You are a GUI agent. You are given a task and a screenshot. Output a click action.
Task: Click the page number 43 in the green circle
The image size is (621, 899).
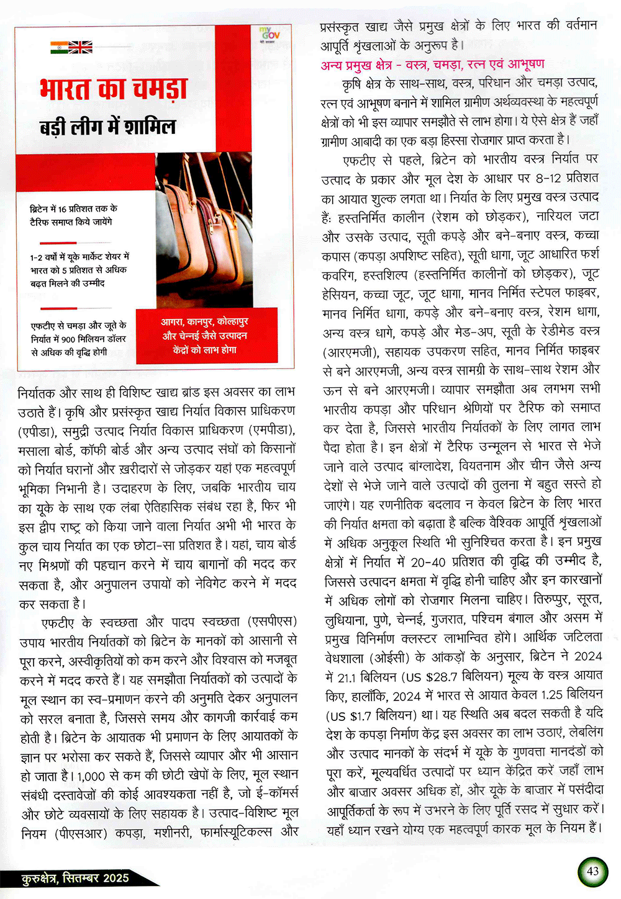[x=593, y=870]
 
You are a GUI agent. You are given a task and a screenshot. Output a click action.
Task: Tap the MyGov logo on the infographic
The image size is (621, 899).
[x=270, y=35]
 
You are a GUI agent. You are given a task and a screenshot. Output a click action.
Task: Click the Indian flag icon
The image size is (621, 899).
[x=60, y=47]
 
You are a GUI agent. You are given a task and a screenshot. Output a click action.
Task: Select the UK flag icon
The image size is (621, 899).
[x=81, y=47]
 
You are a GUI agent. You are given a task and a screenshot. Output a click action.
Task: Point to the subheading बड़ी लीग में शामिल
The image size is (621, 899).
[x=107, y=127]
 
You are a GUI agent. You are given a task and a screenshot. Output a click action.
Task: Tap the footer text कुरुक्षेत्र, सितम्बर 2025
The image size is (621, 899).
[x=75, y=877]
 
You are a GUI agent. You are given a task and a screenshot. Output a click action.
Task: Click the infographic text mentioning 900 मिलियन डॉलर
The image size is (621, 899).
[x=78, y=339]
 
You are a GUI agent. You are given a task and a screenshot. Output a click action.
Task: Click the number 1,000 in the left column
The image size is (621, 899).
[x=91, y=775]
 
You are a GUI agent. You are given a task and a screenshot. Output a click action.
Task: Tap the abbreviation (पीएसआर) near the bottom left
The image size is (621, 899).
[x=81, y=833]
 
